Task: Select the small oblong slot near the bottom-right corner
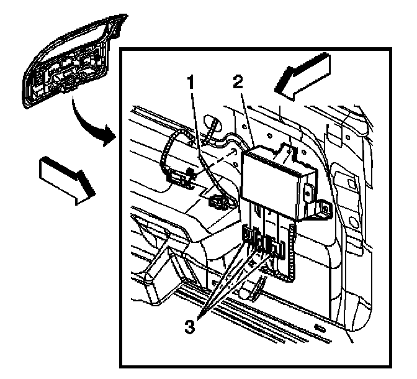coord(320,327)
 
